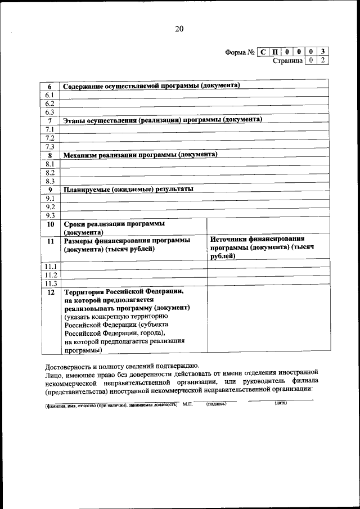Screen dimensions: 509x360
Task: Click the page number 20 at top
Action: click(179, 29)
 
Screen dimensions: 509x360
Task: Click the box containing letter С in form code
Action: click(263, 52)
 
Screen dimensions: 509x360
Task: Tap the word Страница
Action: click(287, 60)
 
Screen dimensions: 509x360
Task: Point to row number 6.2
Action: click(49, 103)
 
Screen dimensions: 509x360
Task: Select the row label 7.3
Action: click(49, 147)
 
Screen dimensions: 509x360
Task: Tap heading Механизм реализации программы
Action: click(140, 155)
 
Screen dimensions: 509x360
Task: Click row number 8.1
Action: click(49, 164)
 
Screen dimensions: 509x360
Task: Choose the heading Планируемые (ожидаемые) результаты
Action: click(128, 189)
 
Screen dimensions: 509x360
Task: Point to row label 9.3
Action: click(49, 215)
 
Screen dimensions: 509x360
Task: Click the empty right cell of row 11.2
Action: click(268, 274)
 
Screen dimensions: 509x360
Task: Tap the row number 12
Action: click(50, 292)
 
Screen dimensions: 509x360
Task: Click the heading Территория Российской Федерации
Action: click(124, 292)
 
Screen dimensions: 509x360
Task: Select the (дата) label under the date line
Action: click(281, 403)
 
